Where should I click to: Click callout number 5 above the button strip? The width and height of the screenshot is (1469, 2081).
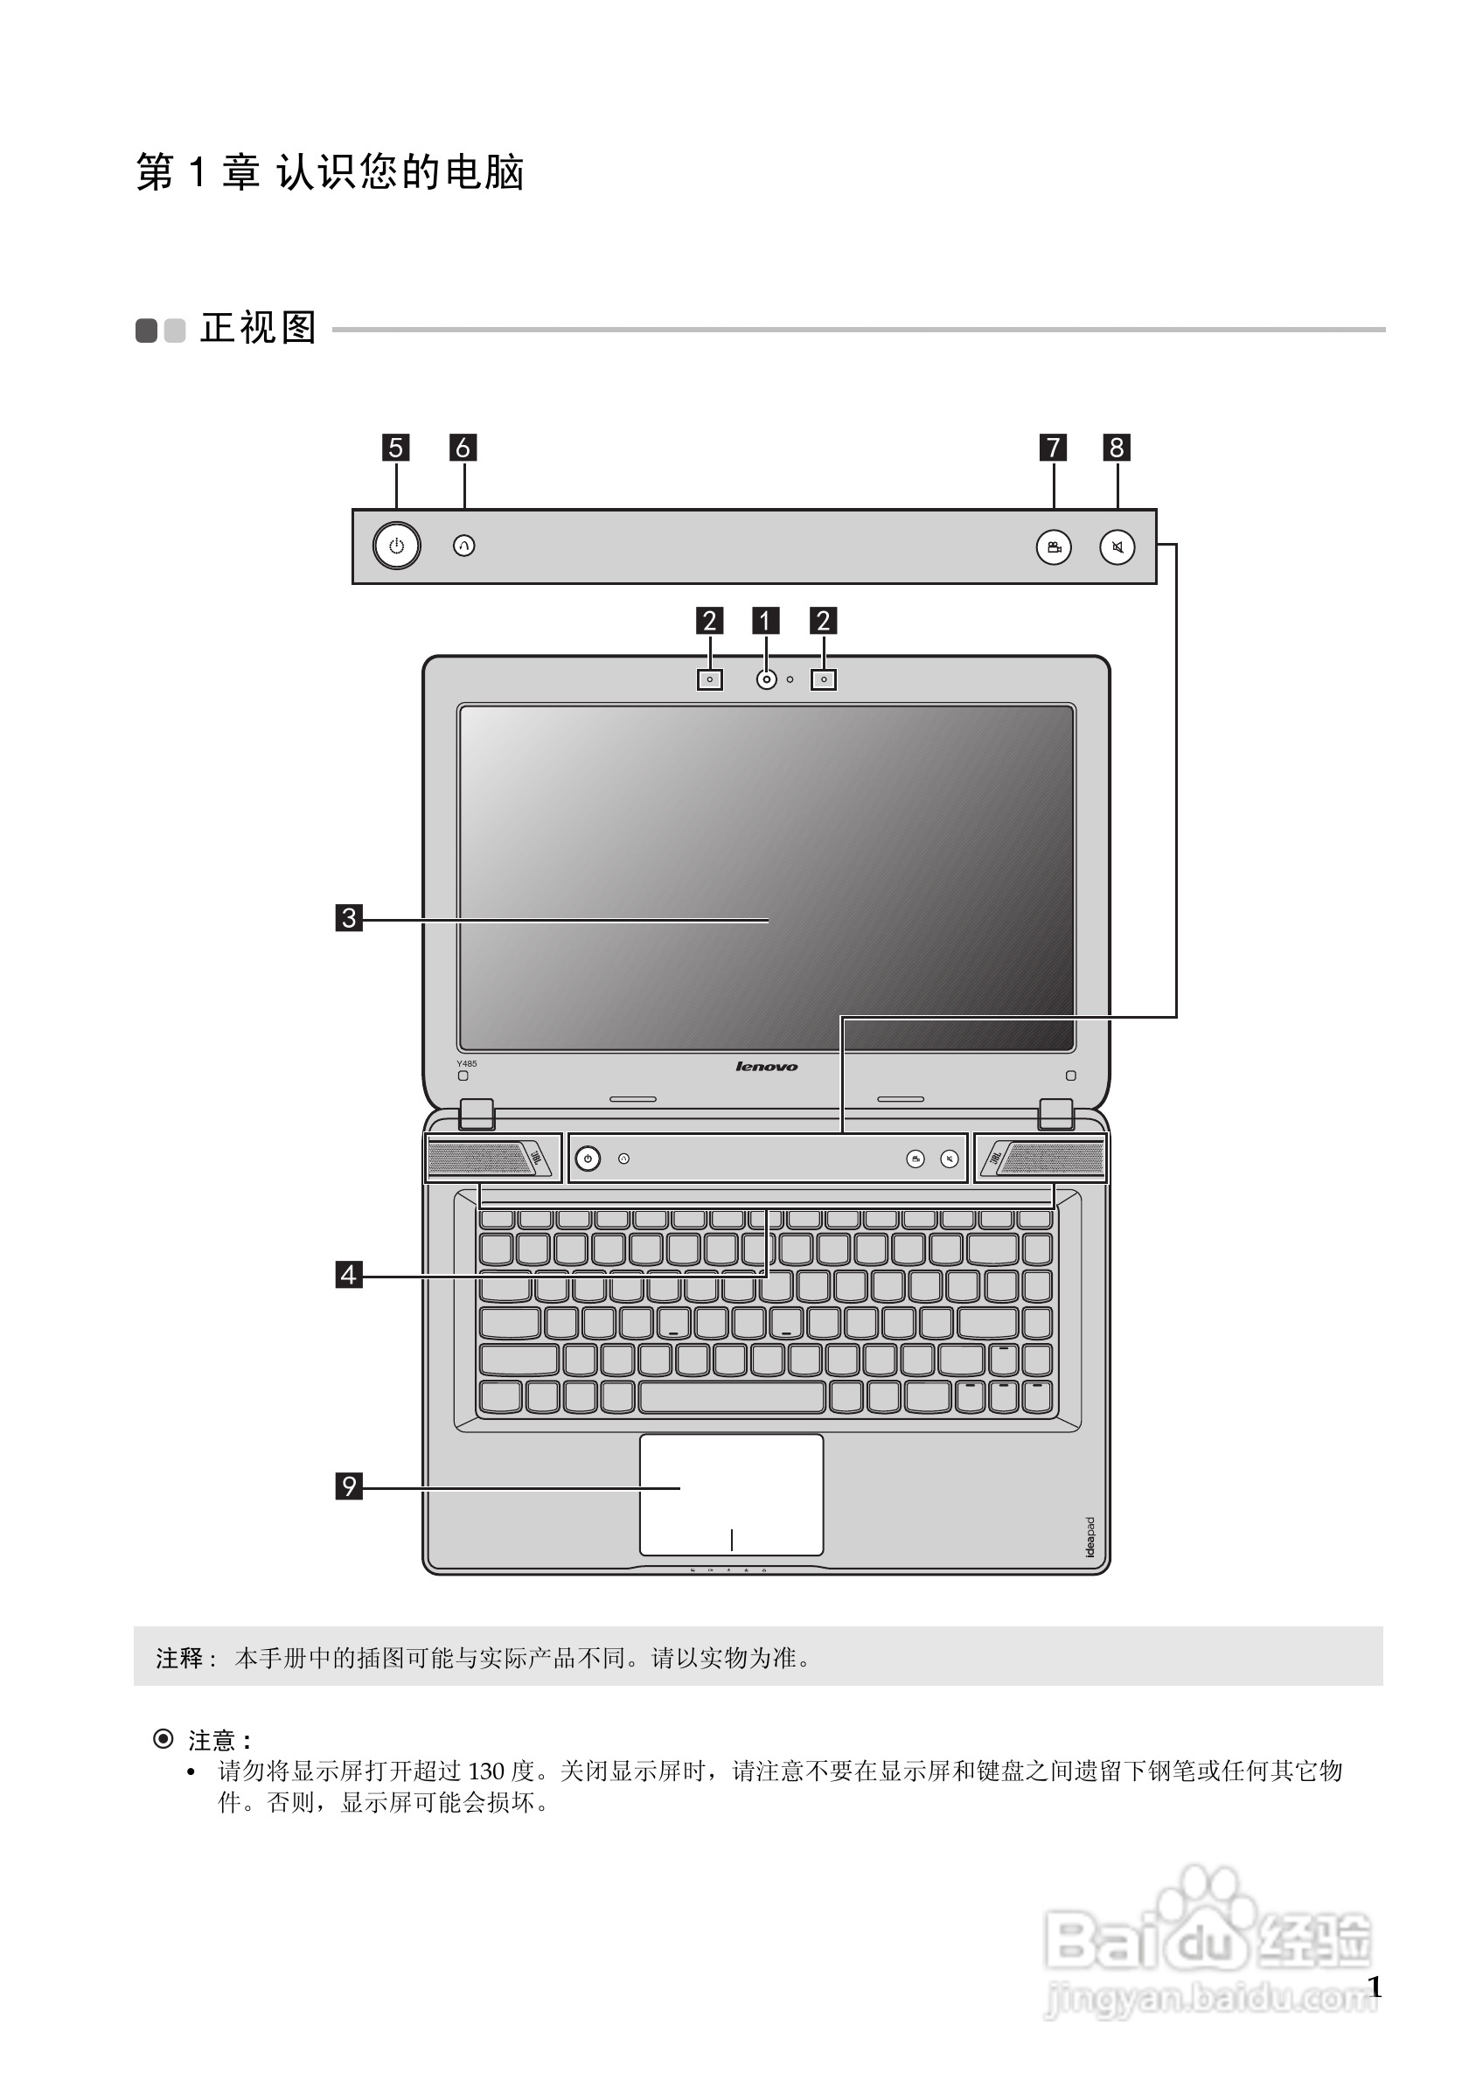(395, 448)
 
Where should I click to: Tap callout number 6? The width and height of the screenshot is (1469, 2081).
(463, 448)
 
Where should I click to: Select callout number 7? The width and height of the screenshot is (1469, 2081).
(1053, 448)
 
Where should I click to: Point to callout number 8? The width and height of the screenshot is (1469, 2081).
(1117, 448)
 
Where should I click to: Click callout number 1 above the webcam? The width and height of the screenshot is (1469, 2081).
(766, 621)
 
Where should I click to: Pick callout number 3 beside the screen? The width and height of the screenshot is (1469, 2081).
(349, 918)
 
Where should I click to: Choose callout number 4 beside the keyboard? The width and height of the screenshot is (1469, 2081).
(349, 1275)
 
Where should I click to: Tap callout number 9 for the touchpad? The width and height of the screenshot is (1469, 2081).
(349, 1486)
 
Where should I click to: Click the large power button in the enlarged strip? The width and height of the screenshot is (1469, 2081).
(397, 546)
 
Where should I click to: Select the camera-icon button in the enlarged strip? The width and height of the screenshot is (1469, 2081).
(1054, 547)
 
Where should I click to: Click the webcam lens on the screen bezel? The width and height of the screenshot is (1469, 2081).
(767, 679)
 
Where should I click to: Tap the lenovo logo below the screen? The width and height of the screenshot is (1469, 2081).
(767, 1067)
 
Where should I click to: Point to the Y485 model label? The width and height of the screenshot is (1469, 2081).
(467, 1063)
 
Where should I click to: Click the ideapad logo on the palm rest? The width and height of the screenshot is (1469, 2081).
(1090, 1537)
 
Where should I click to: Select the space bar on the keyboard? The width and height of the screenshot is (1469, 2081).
(731, 1396)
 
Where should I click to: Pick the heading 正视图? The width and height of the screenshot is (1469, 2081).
(258, 328)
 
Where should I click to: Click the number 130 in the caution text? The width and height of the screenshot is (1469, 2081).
(486, 1770)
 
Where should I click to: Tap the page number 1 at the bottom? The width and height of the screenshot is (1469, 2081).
(1374, 1987)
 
